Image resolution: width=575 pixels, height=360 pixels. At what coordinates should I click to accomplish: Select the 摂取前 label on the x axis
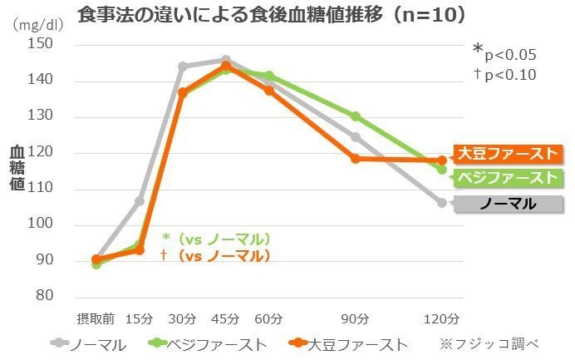coord(95,318)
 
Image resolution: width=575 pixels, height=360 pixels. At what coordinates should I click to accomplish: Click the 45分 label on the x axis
coord(225,318)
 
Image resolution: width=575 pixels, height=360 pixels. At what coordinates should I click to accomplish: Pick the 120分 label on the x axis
coord(441,318)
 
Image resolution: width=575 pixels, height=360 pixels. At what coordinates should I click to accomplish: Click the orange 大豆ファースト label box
coord(507,153)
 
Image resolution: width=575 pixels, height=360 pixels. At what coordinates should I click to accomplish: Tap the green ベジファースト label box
coord(507,177)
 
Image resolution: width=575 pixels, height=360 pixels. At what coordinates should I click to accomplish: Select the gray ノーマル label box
coord(507,204)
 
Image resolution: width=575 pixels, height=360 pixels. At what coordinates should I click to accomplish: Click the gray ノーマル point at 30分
coord(183,67)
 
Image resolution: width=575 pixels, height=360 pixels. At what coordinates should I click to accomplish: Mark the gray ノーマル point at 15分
coord(140,201)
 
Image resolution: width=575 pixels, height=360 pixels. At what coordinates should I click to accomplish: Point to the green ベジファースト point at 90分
coord(356,116)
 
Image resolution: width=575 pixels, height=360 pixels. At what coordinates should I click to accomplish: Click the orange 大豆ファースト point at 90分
coord(356,158)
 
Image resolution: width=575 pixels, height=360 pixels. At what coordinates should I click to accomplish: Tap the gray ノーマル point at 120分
coord(442,202)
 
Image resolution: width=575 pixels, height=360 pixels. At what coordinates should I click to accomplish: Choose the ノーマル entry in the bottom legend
coord(90,343)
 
